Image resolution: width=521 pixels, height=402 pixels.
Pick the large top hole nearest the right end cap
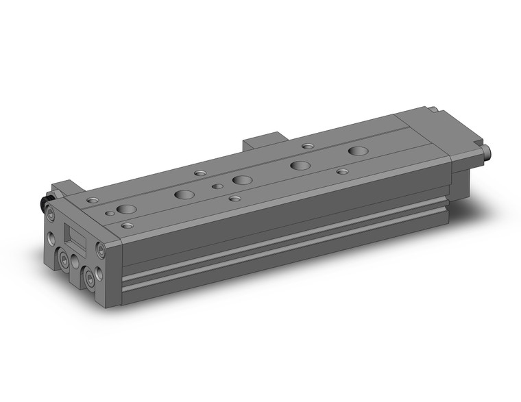click(358, 150)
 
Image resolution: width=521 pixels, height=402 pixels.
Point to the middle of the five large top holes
click(242, 179)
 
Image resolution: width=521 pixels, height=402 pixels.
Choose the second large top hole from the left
click(184, 194)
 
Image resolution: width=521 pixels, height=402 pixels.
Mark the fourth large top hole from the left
click(300, 165)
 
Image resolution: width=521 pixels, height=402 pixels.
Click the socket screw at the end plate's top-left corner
click(53, 216)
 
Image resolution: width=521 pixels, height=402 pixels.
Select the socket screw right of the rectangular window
click(101, 249)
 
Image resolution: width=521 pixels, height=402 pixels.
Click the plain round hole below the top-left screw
click(52, 240)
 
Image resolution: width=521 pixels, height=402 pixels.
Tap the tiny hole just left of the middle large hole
click(217, 186)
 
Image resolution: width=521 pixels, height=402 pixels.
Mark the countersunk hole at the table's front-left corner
click(127, 225)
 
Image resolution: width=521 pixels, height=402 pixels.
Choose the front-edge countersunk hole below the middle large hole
click(234, 199)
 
